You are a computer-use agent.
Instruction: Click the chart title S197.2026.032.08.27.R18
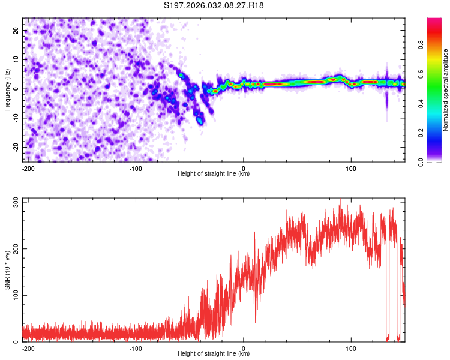[x=214, y=6]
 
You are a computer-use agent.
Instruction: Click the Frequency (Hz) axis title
[x=7, y=88]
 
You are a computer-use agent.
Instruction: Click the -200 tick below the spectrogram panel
[x=28, y=167]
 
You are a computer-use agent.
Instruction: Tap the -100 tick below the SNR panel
[x=136, y=347]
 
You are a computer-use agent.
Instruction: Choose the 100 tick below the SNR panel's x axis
[x=352, y=347]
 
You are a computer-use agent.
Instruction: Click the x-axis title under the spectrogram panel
[x=214, y=174]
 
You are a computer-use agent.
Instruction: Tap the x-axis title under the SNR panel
[x=214, y=354]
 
